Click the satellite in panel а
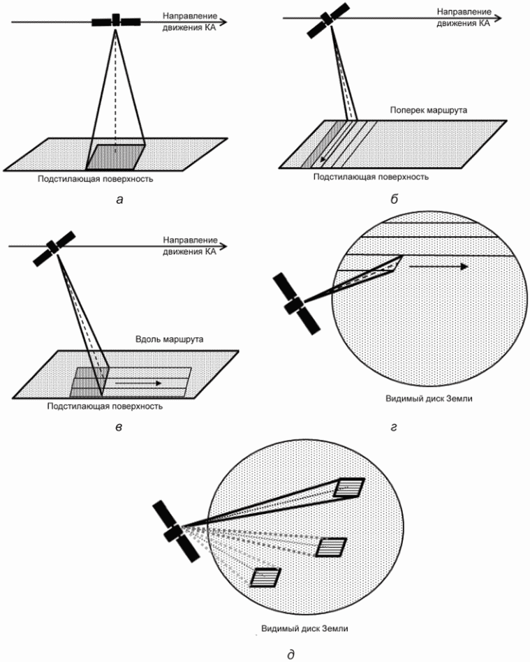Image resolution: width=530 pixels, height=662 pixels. [x=116, y=21]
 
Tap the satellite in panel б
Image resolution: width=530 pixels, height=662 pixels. [x=327, y=20]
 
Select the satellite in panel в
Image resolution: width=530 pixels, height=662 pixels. [x=54, y=249]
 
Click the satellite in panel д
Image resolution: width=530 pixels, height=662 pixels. [x=176, y=531]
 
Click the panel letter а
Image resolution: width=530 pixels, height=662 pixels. [x=119, y=199]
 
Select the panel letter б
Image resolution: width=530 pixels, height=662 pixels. [x=394, y=199]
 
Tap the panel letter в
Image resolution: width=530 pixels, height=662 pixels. [x=119, y=427]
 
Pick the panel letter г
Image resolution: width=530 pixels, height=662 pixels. [x=394, y=427]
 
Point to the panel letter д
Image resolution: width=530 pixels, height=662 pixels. [x=290, y=654]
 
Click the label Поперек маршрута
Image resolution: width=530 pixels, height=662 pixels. [x=428, y=110]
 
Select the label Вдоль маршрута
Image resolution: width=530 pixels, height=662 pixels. [x=170, y=339]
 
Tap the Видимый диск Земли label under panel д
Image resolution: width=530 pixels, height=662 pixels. [x=304, y=628]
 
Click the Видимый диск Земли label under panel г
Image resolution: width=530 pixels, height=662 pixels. [x=429, y=398]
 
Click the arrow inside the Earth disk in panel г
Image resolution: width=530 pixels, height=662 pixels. [x=439, y=266]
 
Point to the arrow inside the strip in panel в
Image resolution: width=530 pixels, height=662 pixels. [x=138, y=383]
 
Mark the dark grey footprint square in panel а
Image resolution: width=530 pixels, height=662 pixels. [x=116, y=156]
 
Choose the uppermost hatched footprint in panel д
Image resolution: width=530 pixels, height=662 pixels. [x=349, y=488]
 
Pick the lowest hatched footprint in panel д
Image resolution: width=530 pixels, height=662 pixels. [x=265, y=577]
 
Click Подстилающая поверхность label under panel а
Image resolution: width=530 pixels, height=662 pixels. [x=96, y=179]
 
